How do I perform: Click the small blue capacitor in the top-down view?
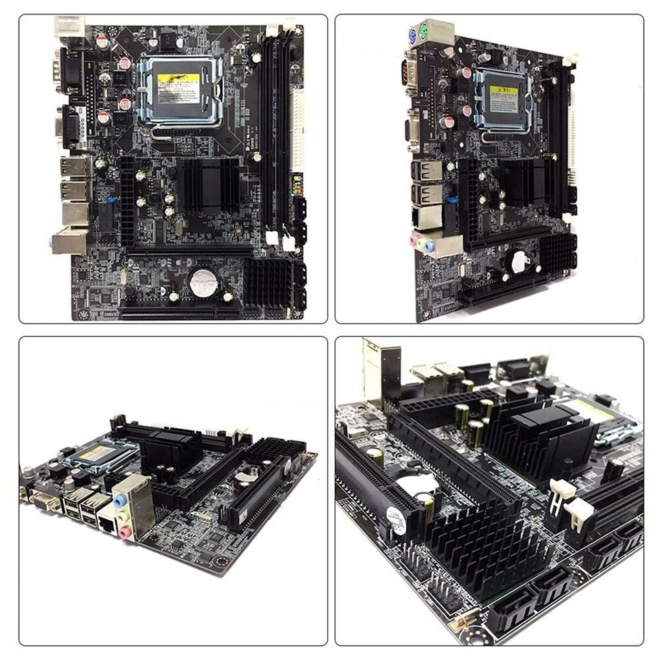110,200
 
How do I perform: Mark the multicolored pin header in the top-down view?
297,185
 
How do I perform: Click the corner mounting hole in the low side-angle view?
220,562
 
